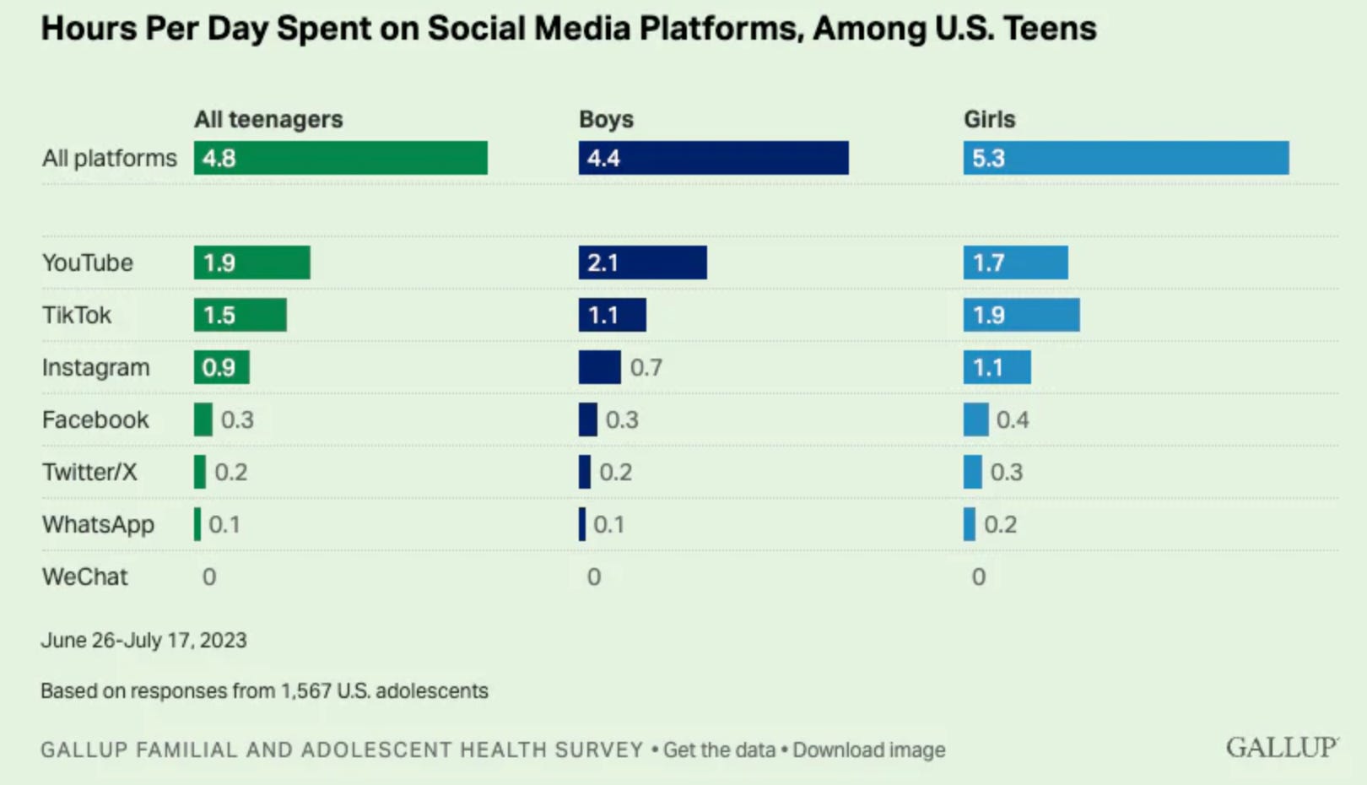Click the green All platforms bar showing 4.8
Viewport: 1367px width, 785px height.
[340, 158]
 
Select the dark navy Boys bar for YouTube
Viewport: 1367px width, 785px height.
[642, 263]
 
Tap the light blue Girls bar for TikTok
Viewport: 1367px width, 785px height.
[1021, 315]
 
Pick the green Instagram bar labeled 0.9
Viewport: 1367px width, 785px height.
[221, 367]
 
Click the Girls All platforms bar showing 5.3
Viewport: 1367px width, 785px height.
[1126, 158]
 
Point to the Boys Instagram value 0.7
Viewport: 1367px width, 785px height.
[646, 367]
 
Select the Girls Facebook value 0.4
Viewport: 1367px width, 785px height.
[1012, 420]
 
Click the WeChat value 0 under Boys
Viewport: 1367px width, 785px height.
[594, 577]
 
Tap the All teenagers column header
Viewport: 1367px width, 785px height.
[268, 119]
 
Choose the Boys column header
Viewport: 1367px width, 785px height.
[606, 119]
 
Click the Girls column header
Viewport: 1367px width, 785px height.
[989, 119]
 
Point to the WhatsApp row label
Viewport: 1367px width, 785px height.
[98, 524]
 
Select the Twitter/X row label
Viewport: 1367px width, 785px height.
[89, 472]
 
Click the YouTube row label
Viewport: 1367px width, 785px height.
[88, 263]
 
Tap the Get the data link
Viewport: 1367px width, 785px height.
[719, 750]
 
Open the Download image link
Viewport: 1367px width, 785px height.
[869, 750]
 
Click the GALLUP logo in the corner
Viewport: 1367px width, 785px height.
[1281, 747]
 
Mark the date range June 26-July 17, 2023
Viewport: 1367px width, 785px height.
[143, 640]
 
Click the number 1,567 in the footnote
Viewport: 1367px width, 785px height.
[306, 690]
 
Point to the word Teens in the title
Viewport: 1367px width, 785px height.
[1050, 29]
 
